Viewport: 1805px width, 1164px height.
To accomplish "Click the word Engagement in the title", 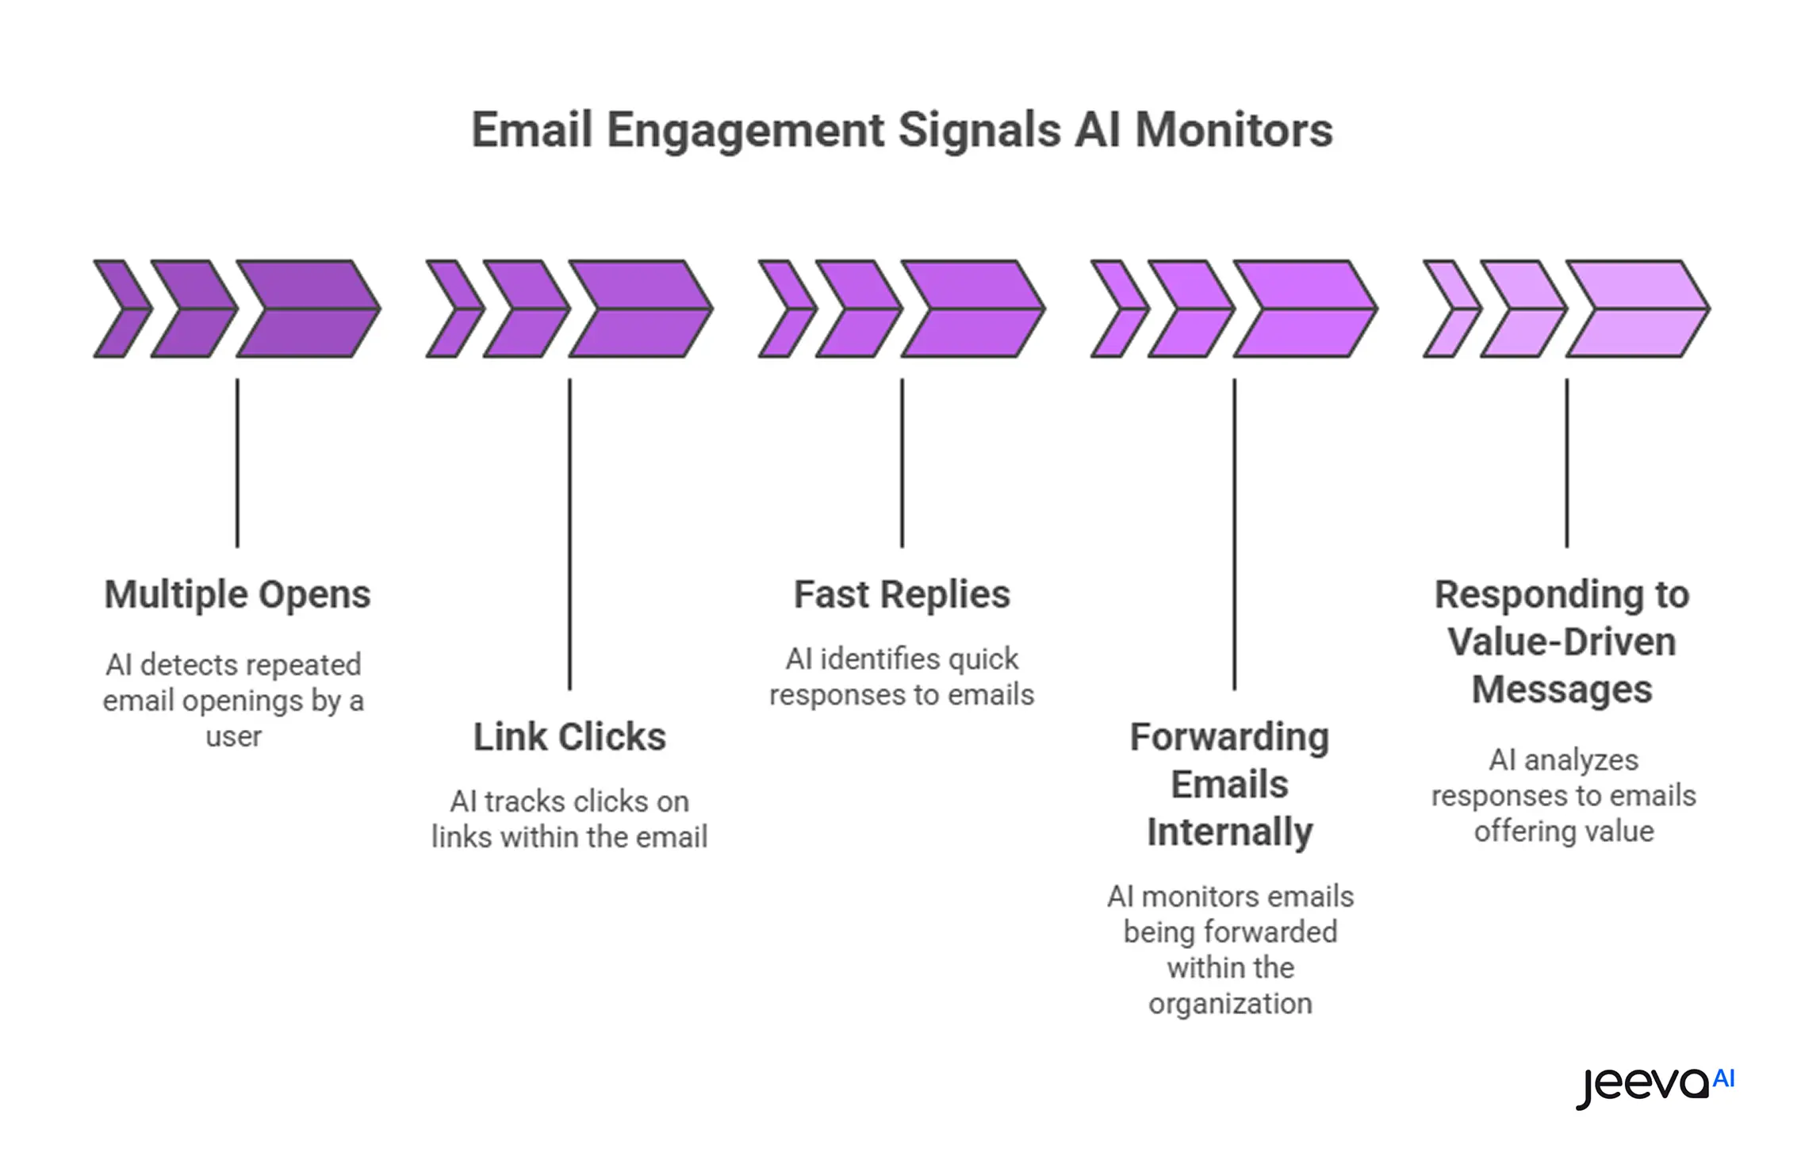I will (x=745, y=131).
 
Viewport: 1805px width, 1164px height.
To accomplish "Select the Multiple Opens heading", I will (x=237, y=594).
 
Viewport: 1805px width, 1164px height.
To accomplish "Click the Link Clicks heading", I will (x=569, y=737).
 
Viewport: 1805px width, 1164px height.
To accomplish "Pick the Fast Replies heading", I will (x=902, y=594).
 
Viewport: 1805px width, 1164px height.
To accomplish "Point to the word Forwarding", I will (x=1229, y=737).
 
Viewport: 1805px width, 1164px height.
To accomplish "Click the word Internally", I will (x=1229, y=832).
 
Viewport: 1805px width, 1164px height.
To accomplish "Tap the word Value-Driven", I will (x=1562, y=642).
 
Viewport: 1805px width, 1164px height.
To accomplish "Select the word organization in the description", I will (x=1230, y=1004).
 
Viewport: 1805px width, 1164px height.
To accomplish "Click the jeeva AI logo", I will (x=1654, y=1085).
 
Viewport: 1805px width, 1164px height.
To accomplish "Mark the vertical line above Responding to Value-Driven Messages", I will (x=1566, y=463).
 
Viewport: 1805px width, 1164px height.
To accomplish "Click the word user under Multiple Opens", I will (x=233, y=737).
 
